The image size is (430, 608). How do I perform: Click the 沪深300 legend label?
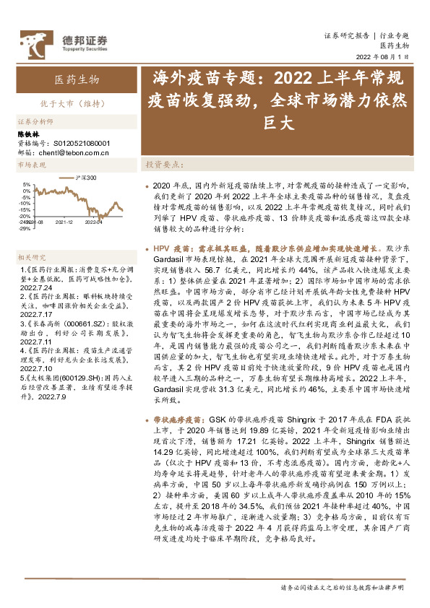click(x=86, y=178)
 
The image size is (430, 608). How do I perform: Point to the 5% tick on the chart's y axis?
click(x=25, y=183)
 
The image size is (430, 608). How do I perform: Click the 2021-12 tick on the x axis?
click(x=64, y=223)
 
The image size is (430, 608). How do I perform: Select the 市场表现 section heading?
click(x=31, y=166)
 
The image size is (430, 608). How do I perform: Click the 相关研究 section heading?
click(x=31, y=257)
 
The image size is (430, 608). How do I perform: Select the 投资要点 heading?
click(x=165, y=165)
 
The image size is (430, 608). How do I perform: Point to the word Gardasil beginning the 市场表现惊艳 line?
click(x=171, y=257)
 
